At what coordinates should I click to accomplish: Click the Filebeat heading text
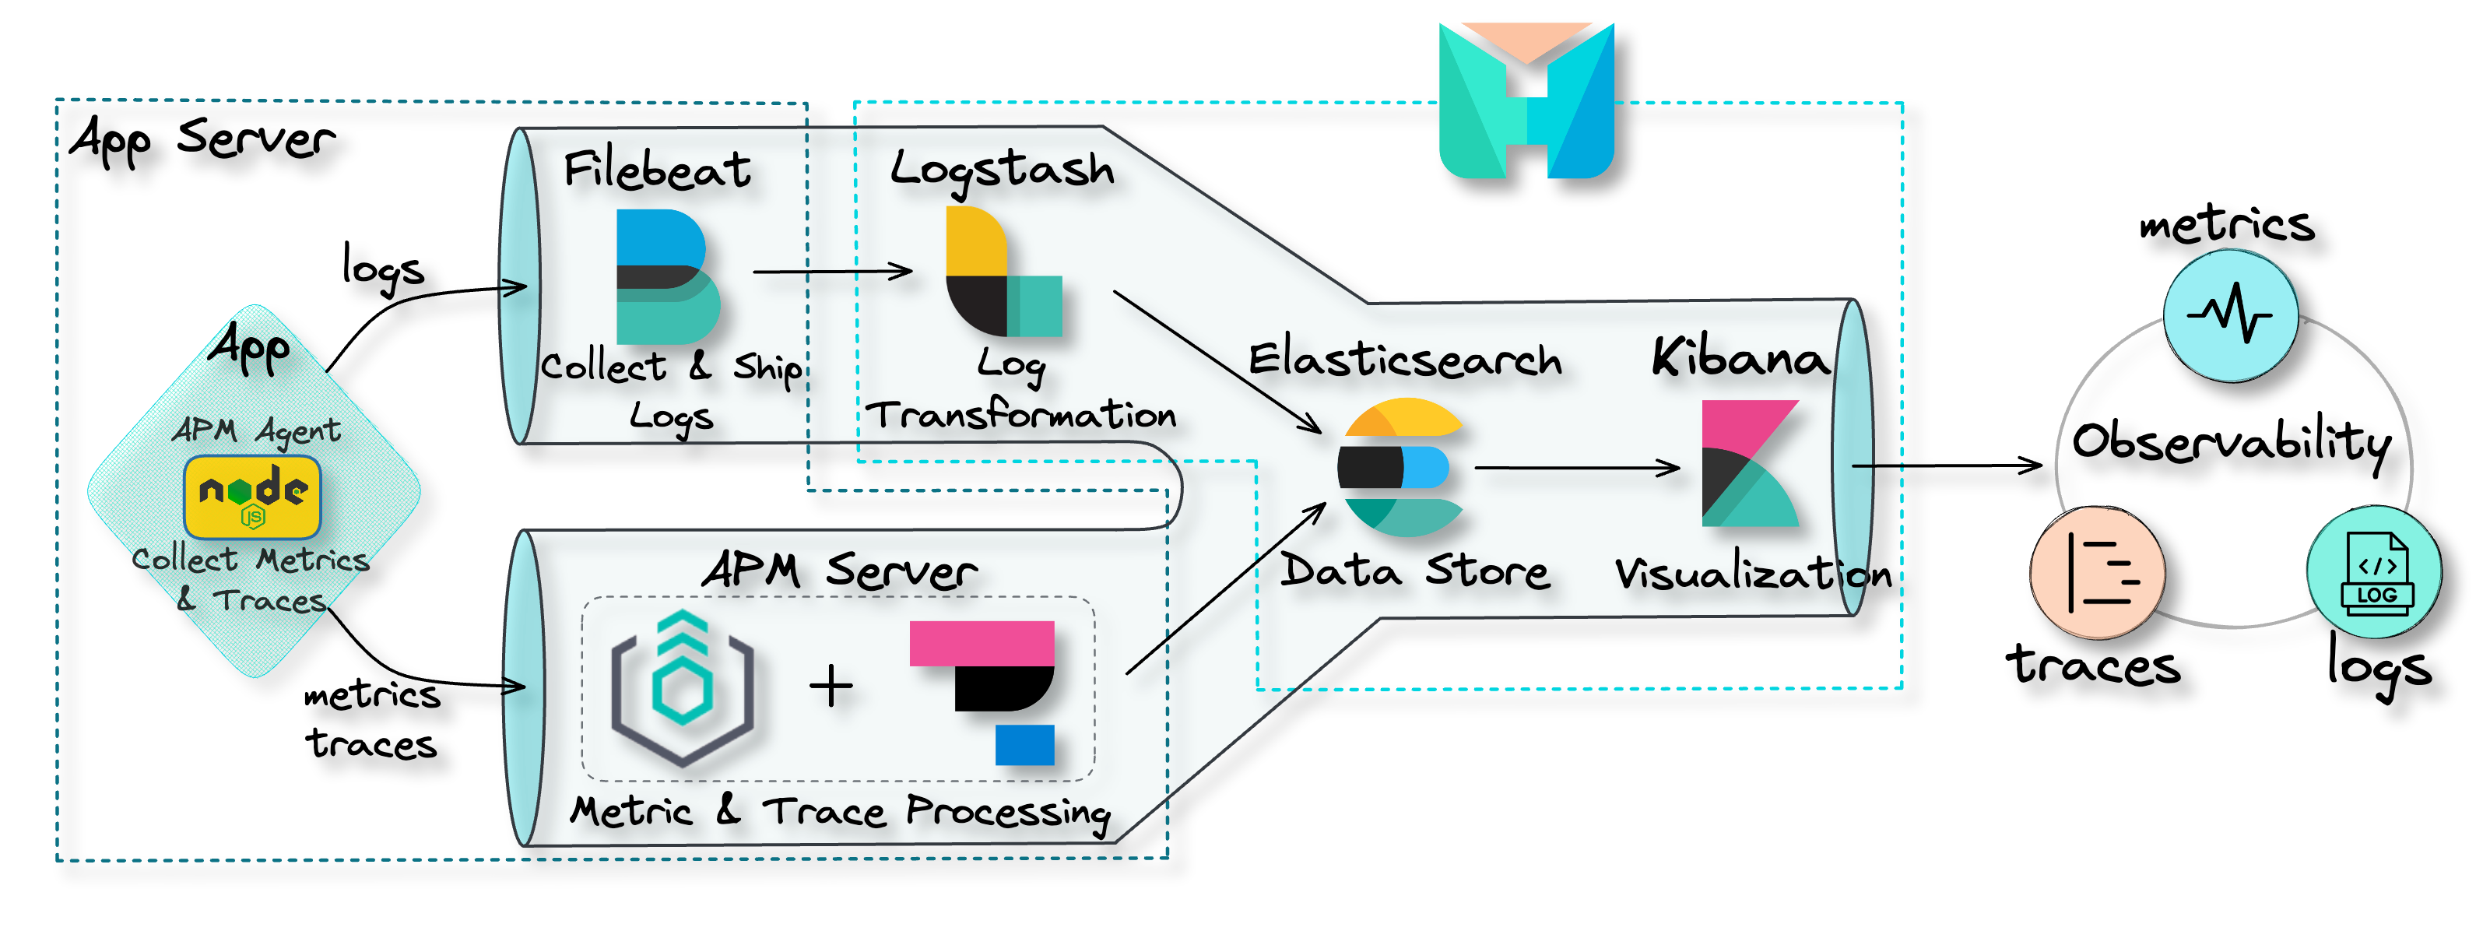pyautogui.click(x=658, y=170)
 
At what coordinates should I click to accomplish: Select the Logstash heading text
pyautogui.click(x=1003, y=170)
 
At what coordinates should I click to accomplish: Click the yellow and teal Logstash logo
pyautogui.click(x=1003, y=272)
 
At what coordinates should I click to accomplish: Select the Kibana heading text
pyautogui.click(x=1740, y=359)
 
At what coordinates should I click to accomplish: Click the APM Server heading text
pyautogui.click(x=838, y=571)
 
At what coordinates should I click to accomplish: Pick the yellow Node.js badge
pyautogui.click(x=252, y=497)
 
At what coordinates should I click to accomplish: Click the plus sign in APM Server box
pyautogui.click(x=831, y=687)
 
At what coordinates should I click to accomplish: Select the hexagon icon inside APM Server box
pyautogui.click(x=683, y=687)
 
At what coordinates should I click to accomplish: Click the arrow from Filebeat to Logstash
pyautogui.click(x=833, y=272)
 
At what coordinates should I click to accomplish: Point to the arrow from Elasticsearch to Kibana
pyautogui.click(x=1577, y=469)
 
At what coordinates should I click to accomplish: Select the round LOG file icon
pyautogui.click(x=2373, y=571)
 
